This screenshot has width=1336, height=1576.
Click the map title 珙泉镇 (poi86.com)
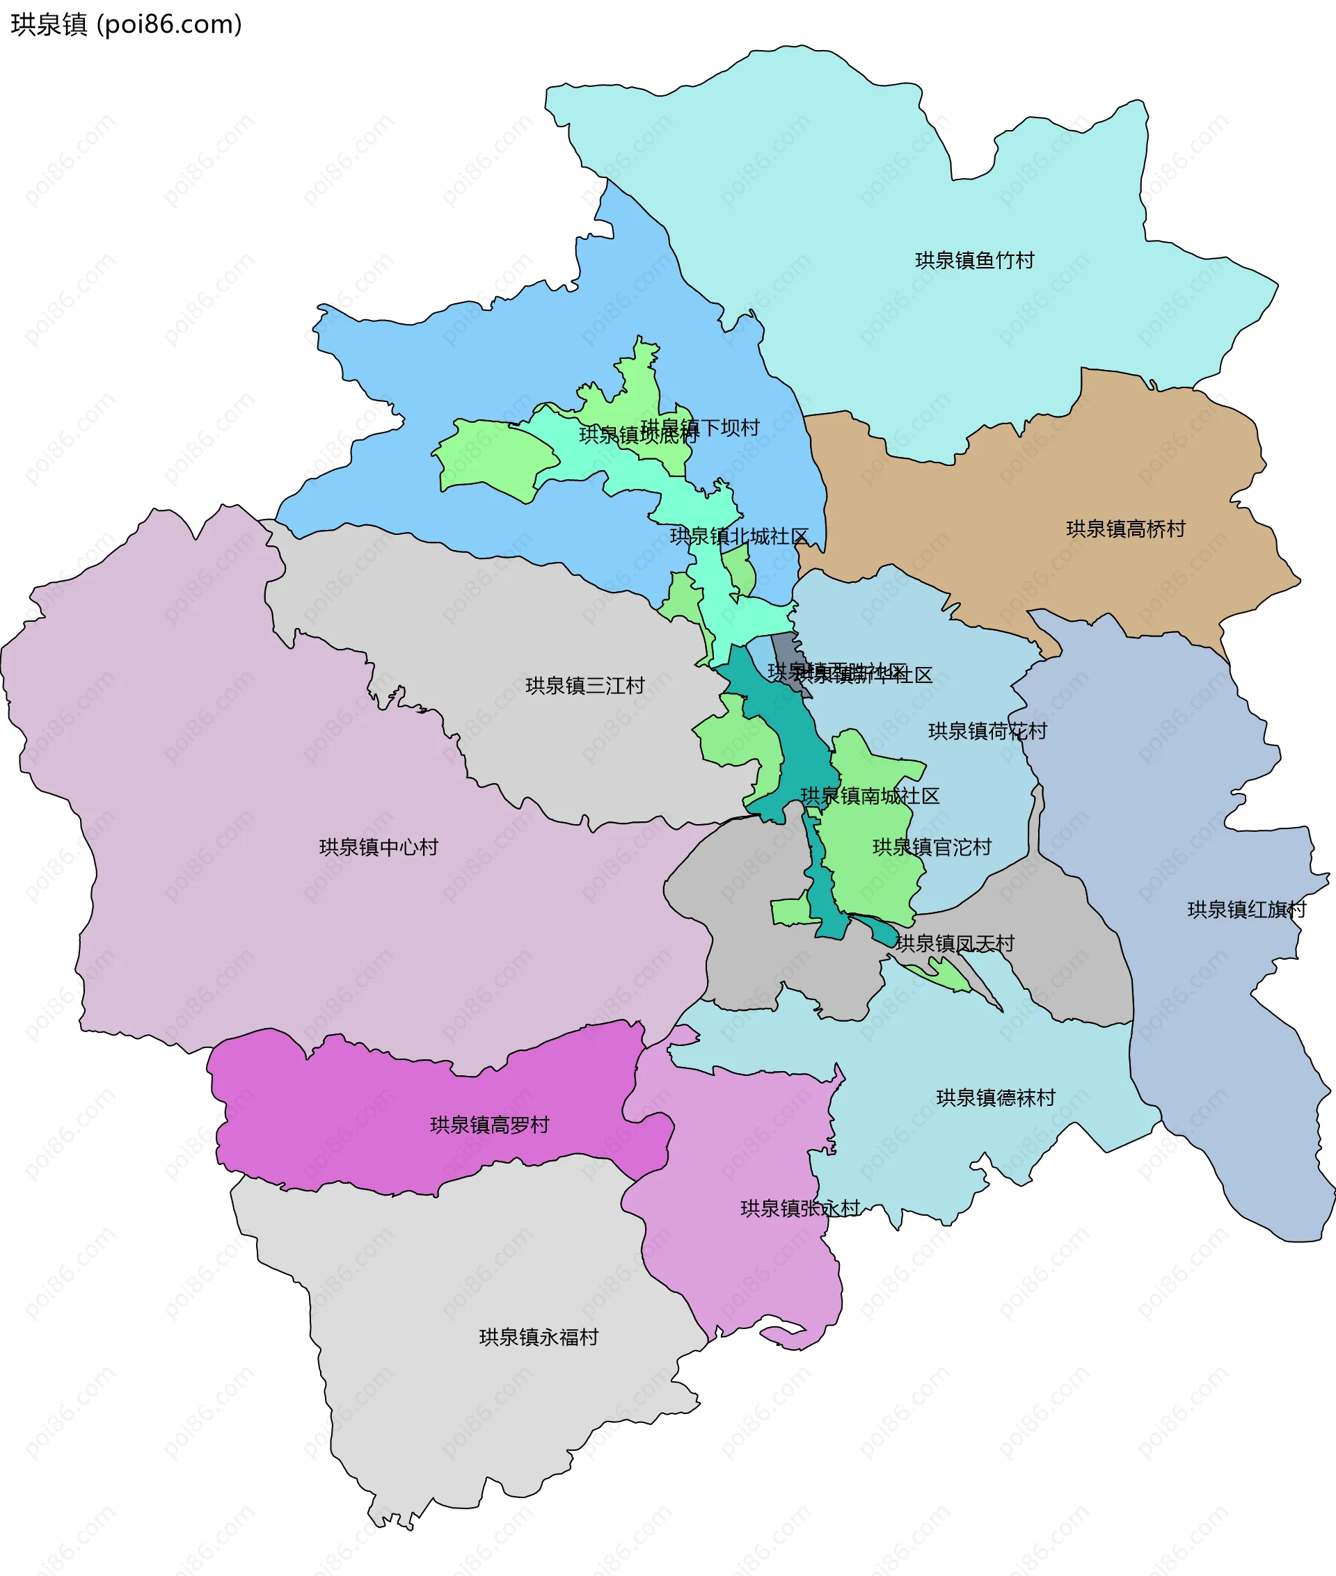tap(126, 24)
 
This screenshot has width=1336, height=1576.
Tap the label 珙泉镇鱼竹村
tap(974, 260)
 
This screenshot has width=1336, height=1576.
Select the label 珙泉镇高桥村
tap(1125, 529)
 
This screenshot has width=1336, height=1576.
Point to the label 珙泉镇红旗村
tap(1247, 910)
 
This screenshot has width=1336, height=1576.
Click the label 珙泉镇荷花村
tap(987, 731)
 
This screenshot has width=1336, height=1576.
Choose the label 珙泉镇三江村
tap(584, 686)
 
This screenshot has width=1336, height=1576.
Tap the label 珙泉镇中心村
tap(379, 847)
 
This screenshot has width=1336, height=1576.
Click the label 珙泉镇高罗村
tap(489, 1125)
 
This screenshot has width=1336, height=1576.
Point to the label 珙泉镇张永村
tap(800, 1208)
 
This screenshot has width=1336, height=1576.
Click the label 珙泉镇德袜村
tap(995, 1097)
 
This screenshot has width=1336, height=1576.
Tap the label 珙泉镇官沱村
tap(932, 847)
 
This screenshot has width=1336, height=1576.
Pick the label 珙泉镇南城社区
tap(870, 796)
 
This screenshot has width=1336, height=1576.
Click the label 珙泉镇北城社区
tap(739, 537)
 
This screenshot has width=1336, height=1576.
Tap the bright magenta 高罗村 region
tap(379, 1097)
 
